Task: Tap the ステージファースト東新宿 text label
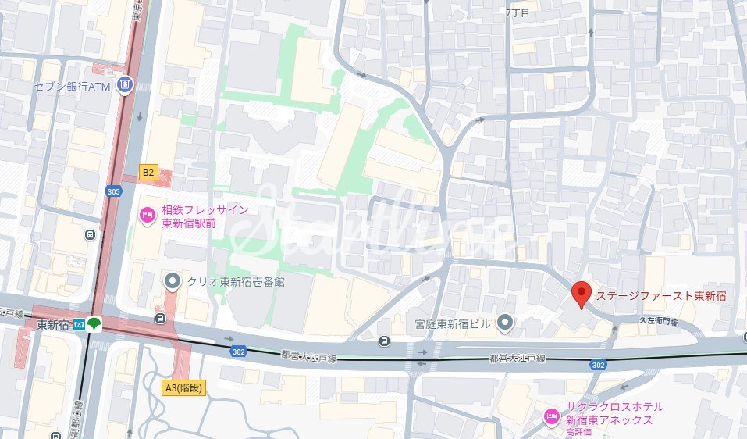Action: [661, 296]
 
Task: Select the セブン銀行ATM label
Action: [72, 87]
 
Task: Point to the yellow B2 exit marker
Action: [148, 171]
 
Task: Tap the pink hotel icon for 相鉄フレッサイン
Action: [147, 215]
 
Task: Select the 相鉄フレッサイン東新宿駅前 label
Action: [204, 216]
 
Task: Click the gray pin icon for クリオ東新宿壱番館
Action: [172, 280]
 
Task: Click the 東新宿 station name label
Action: [52, 325]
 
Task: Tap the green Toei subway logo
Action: [94, 324]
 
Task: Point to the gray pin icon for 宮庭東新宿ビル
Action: [506, 321]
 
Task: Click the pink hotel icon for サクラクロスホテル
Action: [551, 414]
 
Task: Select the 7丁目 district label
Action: [518, 13]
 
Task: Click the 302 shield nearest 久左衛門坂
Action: [598, 365]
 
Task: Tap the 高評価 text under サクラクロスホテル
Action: [578, 431]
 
